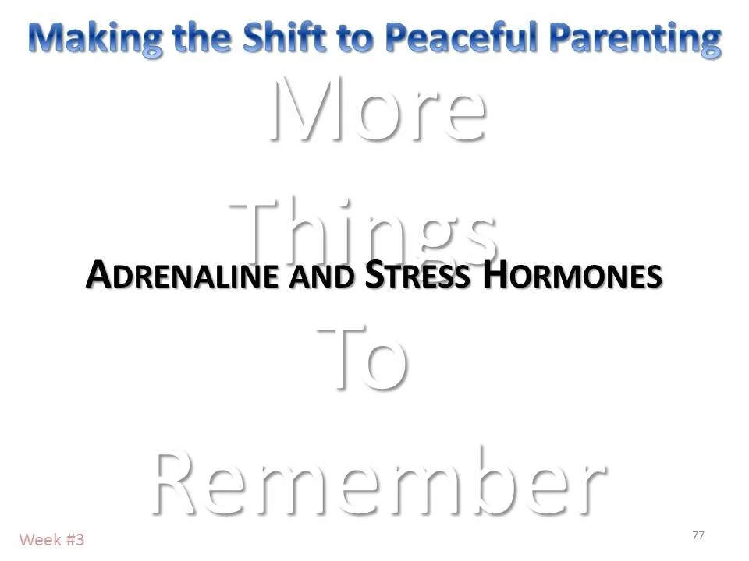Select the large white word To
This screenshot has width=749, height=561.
(x=363, y=358)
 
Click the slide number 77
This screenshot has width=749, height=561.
(x=698, y=535)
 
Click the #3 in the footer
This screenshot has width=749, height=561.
(x=75, y=539)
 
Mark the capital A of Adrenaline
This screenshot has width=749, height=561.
(x=98, y=274)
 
